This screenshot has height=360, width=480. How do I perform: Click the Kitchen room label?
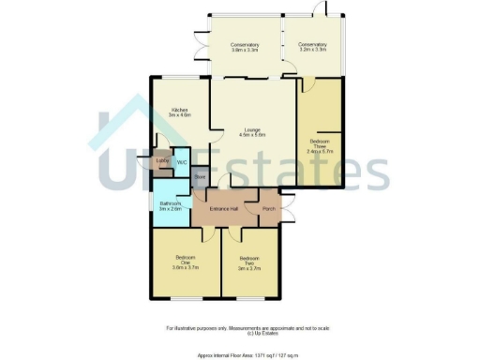[x=179, y=110]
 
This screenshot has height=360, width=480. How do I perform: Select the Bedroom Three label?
[x=320, y=145]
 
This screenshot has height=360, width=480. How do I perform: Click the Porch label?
[x=268, y=208]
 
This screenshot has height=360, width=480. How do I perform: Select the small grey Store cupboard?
[x=199, y=175]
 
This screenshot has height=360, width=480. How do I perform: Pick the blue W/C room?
[x=181, y=161]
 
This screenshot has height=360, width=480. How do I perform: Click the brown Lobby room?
[x=162, y=161]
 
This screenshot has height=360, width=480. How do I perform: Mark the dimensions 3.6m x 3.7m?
[x=184, y=267]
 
